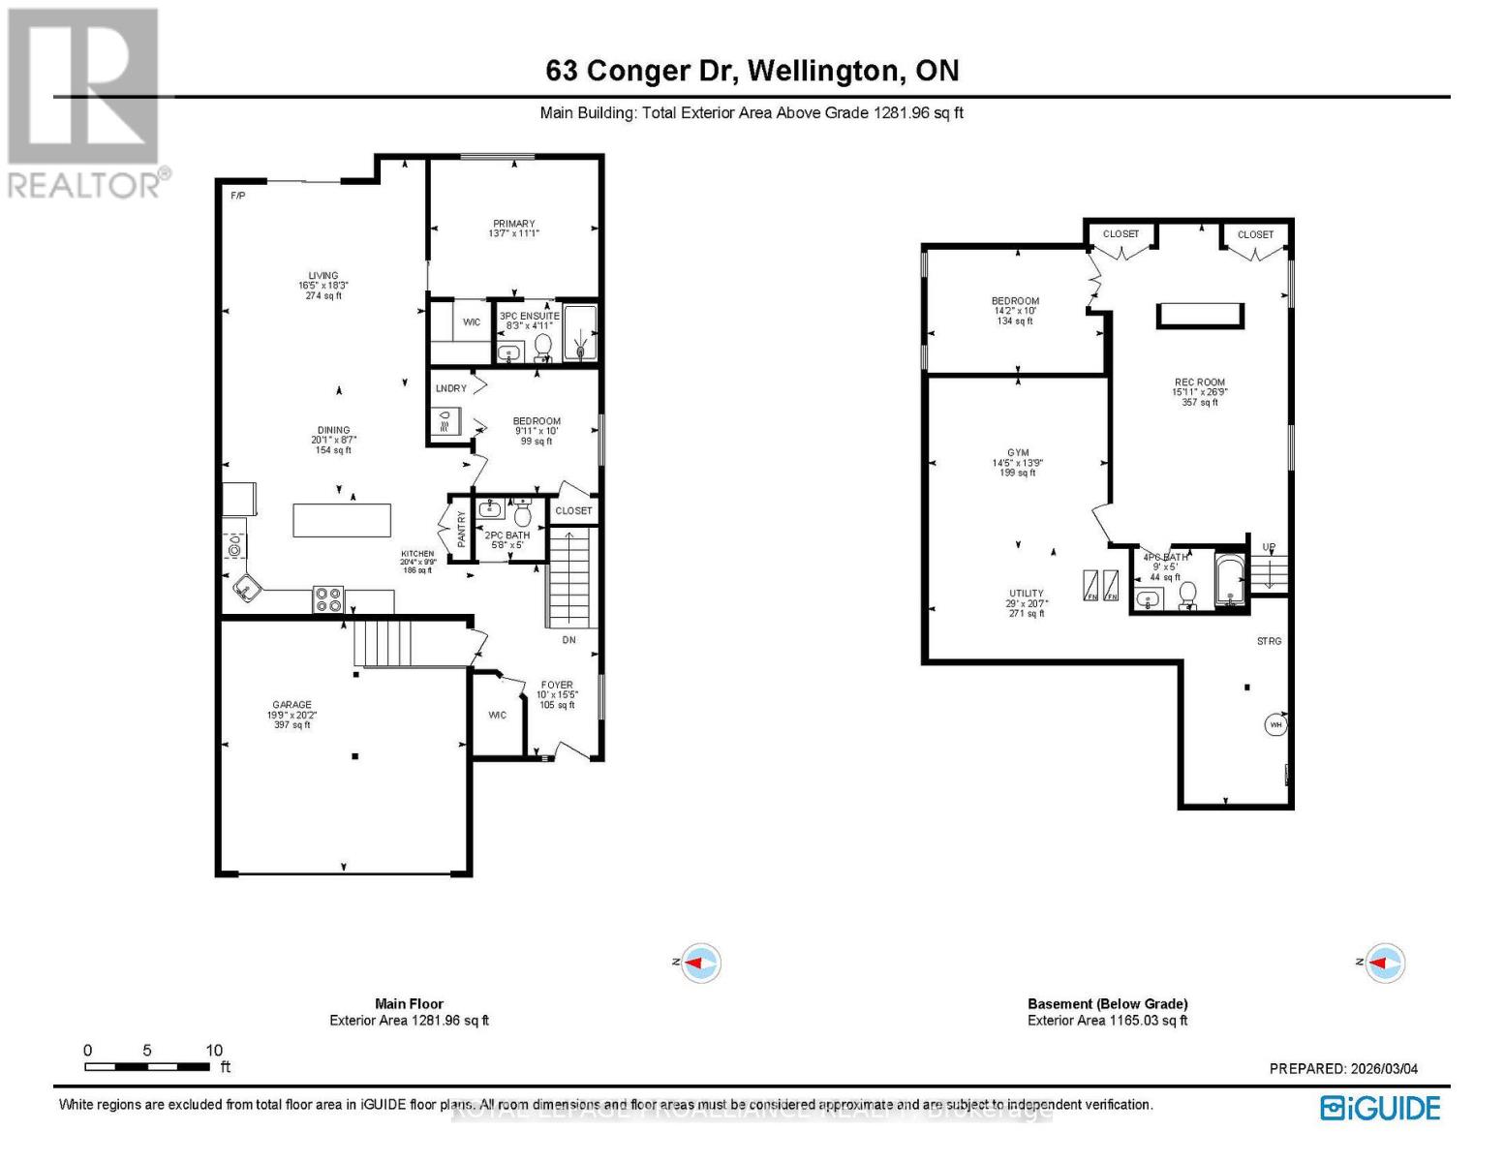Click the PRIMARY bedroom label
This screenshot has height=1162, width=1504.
pyautogui.click(x=513, y=224)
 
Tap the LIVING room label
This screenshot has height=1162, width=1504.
pyautogui.click(x=323, y=275)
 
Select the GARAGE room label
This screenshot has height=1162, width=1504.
pyautogui.click(x=292, y=704)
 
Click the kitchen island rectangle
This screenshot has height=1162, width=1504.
pyautogui.click(x=343, y=520)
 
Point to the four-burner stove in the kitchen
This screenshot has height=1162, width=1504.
pyautogui.click(x=328, y=599)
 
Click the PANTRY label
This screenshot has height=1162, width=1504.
pyautogui.click(x=461, y=530)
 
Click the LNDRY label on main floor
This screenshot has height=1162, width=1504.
pyautogui.click(x=451, y=388)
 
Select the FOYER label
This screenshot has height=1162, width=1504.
pyautogui.click(x=557, y=685)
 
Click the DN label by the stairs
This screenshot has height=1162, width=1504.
pyautogui.click(x=569, y=640)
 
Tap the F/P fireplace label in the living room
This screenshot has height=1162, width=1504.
pyautogui.click(x=237, y=196)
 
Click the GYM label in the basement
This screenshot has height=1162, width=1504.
pyautogui.click(x=1018, y=452)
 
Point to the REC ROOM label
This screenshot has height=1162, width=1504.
pyautogui.click(x=1199, y=382)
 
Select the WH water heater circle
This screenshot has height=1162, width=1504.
pyautogui.click(x=1275, y=724)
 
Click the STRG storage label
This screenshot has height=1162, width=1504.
pyautogui.click(x=1269, y=641)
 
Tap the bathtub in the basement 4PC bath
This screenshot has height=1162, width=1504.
pyautogui.click(x=1230, y=581)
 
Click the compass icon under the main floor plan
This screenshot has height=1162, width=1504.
pyautogui.click(x=701, y=963)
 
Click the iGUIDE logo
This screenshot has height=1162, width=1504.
pyautogui.click(x=1381, y=1108)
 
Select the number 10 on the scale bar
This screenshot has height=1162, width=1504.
pyautogui.click(x=214, y=1050)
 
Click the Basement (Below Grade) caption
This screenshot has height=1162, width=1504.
pyautogui.click(x=1107, y=1003)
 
